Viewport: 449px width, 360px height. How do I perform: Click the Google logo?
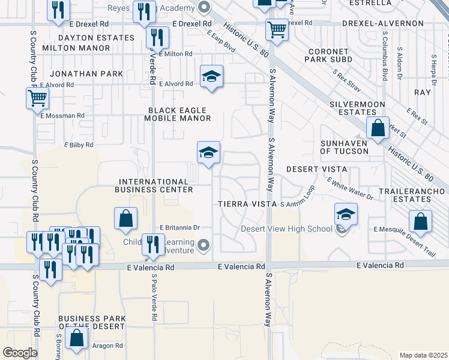pos(20,352)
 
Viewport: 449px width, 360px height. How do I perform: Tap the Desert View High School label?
pos(286,229)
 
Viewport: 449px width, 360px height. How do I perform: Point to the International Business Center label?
pos(156,185)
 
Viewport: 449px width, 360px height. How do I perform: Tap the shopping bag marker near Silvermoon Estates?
pos(378,128)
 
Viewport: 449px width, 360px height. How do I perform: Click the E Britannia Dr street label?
pos(179,228)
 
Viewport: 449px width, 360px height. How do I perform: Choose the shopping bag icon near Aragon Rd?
pos(77,338)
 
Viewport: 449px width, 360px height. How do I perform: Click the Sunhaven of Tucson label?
pos(344,147)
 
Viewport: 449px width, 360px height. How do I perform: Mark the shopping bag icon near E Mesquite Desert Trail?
pos(421,221)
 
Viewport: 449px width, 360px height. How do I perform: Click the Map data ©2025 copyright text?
pos(423,355)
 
